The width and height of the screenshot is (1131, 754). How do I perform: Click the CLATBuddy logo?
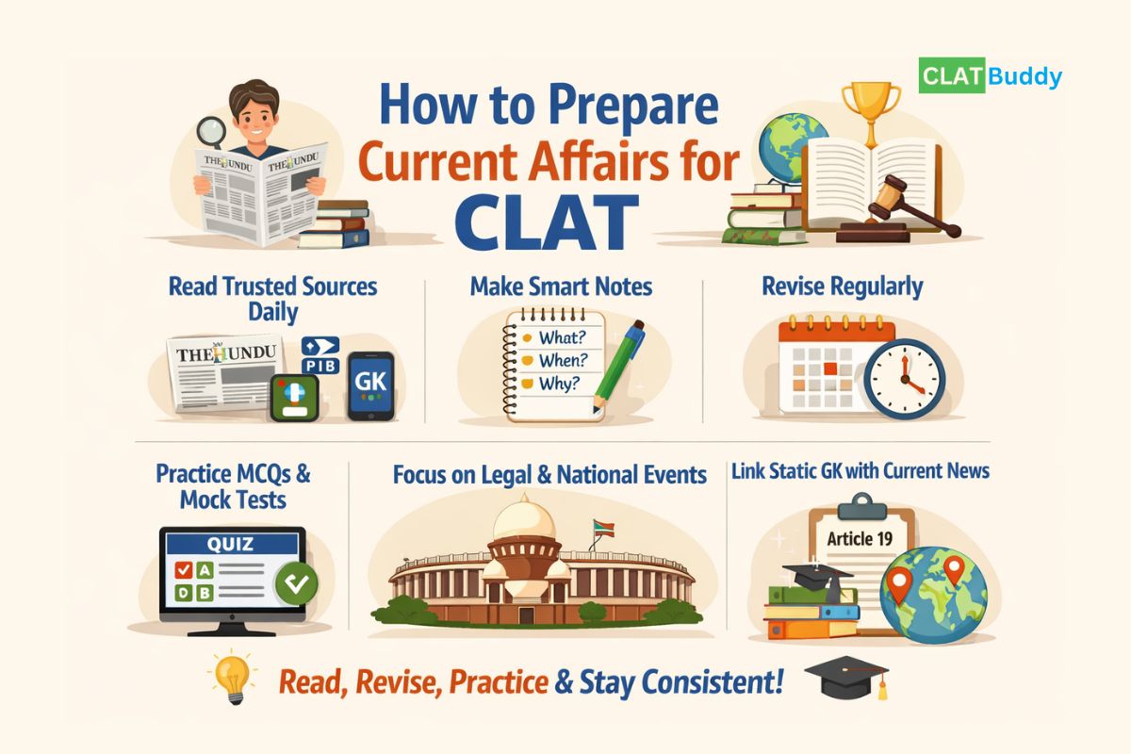pyautogui.click(x=990, y=76)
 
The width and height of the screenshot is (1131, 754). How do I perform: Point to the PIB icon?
pyautogui.click(x=321, y=356)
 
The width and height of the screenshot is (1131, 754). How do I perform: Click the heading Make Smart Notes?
pyautogui.click(x=562, y=286)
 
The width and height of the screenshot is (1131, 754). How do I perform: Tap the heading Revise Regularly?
pyautogui.click(x=842, y=286)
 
